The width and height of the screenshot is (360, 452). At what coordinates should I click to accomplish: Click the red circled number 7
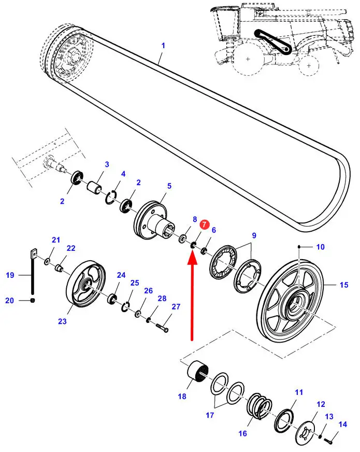tap(205, 225)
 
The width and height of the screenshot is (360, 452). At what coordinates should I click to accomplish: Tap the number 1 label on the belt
tap(163, 46)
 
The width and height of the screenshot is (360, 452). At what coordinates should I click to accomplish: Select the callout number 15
tap(344, 285)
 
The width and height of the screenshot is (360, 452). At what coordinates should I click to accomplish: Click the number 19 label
tap(10, 275)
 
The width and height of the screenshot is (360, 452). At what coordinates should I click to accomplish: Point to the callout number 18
tap(182, 397)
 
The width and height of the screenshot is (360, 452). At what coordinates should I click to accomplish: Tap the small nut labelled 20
tap(33, 301)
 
